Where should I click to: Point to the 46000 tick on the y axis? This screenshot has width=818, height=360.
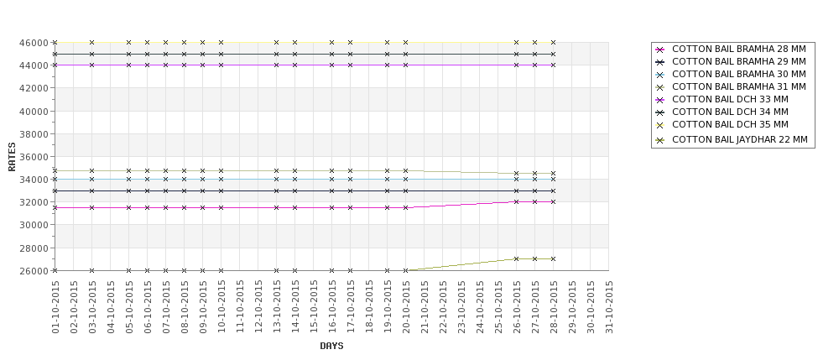coord(39,42)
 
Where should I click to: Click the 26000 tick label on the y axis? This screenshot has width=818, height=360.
coord(39,271)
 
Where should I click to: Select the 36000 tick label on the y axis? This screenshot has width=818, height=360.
coord(39,156)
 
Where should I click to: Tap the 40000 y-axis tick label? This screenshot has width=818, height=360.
coord(39,111)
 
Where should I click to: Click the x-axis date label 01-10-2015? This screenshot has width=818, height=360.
coord(55,307)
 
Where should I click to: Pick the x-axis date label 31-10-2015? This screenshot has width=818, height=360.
coord(609,307)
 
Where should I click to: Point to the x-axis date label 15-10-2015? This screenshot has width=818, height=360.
coord(314,307)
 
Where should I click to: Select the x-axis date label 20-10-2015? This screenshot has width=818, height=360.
coord(406,307)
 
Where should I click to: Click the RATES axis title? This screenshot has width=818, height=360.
coord(13,156)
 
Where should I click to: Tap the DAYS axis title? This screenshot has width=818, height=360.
coord(331,346)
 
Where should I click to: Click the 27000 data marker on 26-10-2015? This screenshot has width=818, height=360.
coord(517,258)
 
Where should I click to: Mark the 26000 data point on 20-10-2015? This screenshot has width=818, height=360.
coord(406,270)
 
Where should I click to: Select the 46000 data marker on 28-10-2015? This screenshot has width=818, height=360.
coord(554,42)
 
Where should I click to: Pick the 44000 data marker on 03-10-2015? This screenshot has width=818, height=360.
coord(92,65)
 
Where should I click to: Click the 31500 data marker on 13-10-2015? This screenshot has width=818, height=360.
coord(277,207)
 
